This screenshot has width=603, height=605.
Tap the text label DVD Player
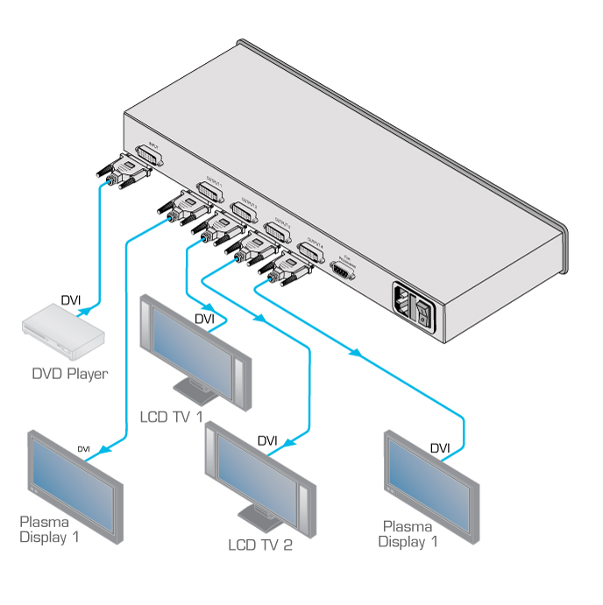70,374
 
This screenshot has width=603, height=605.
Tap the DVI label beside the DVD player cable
71,301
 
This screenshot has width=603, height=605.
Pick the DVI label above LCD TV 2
267,440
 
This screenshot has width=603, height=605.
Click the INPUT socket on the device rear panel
150,156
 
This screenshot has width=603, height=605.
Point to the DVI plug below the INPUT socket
122,172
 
